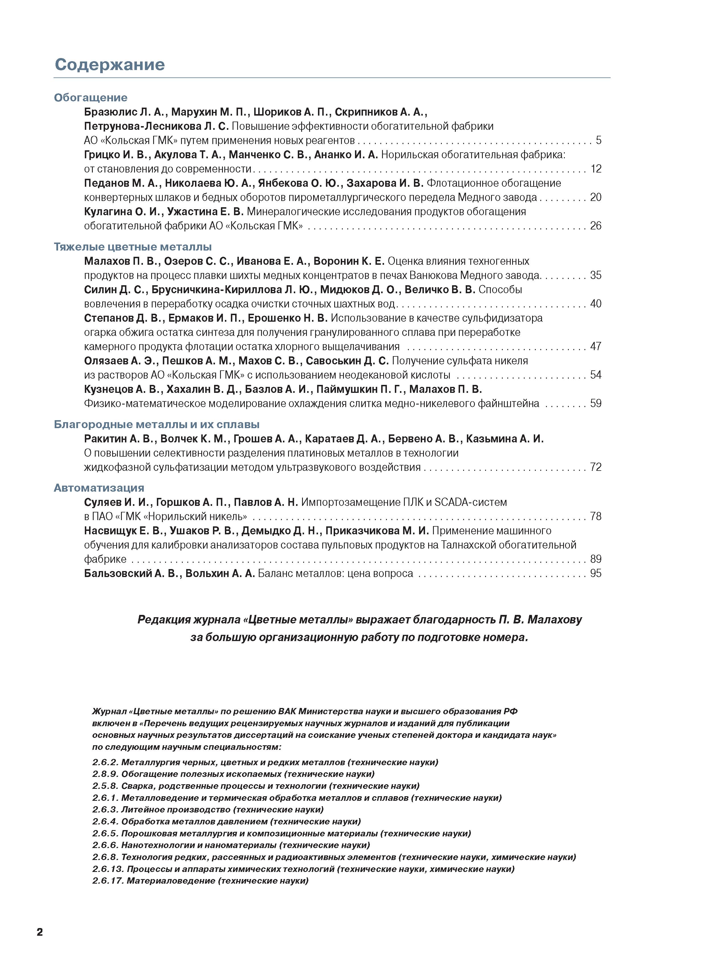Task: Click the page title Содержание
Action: pos(110,65)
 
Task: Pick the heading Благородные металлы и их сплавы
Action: pos(157,424)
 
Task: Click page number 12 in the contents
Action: pos(596,169)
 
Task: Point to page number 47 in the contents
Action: pos(596,346)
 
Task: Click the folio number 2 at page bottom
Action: pos(40,932)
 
